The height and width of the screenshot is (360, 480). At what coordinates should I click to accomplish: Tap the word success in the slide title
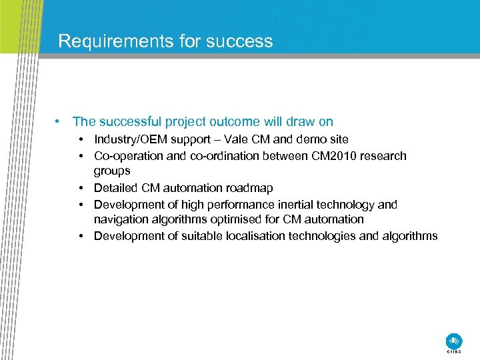pyautogui.click(x=239, y=41)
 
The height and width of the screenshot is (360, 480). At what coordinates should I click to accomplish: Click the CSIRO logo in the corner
pyautogui.click(x=453, y=341)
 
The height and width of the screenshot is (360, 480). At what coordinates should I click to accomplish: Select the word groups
pyautogui.click(x=112, y=171)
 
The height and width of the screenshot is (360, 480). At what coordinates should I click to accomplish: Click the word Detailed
pyautogui.click(x=116, y=188)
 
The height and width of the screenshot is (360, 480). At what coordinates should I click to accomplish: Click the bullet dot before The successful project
pyautogui.click(x=59, y=122)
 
